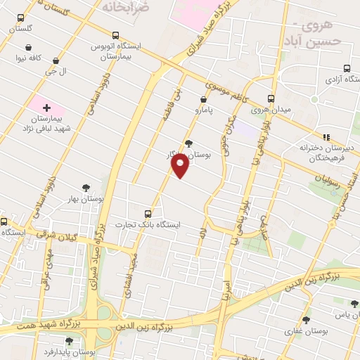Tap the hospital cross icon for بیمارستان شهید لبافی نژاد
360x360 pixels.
tap(46, 108)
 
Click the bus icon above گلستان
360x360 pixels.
tap(20, 18)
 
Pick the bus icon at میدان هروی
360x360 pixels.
tap(271, 99)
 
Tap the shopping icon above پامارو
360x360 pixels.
tap(204, 100)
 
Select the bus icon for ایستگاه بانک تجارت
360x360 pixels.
tap(148, 212)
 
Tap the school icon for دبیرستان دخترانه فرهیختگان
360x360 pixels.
tap(326, 137)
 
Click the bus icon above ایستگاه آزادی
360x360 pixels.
tap(348, 68)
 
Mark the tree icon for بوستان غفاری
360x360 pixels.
tap(307, 319)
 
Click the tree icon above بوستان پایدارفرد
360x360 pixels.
tap(68, 341)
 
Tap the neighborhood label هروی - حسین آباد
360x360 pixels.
tap(321, 34)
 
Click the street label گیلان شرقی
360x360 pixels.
tap(75, 237)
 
